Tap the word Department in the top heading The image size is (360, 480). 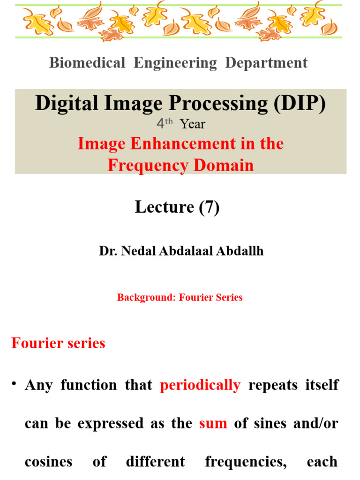[x=266, y=63]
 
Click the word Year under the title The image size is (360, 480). [x=193, y=124]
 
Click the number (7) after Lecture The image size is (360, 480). [x=209, y=207]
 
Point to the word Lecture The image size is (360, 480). [x=165, y=207]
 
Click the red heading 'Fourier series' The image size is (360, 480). [x=58, y=343]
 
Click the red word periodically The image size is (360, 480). [x=200, y=385]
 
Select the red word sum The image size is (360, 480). [x=213, y=423]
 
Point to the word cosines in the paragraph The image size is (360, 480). [x=48, y=462]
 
